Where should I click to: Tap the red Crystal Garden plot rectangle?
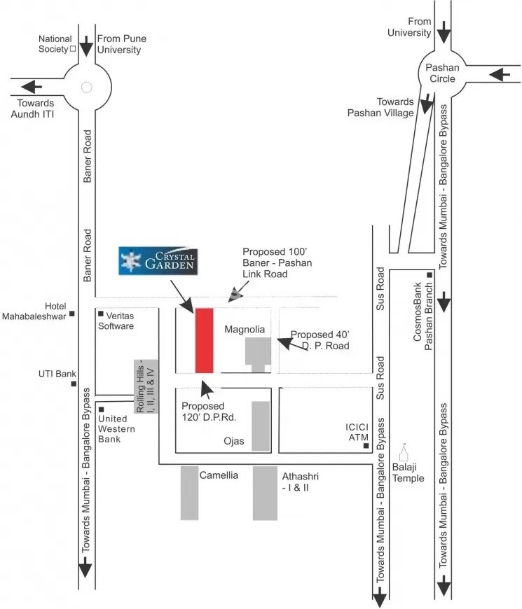204,340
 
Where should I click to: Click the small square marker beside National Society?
73,49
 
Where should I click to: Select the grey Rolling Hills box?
143,386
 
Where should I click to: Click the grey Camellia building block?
189,493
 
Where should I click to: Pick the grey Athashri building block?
265,493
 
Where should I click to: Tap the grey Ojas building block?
261,426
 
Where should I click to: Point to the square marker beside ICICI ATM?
365,445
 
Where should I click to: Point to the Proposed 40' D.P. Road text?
320,340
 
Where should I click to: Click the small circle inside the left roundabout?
86,87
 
